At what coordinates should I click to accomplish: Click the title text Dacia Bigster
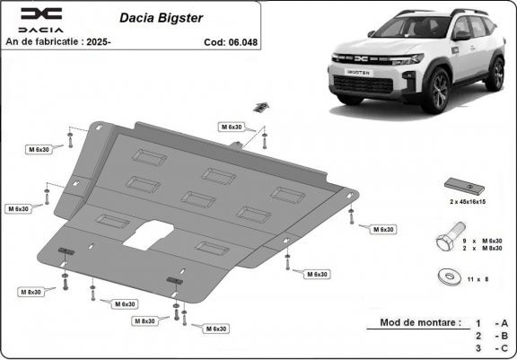(x=154, y=16)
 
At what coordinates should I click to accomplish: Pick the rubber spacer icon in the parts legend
(x=465, y=184)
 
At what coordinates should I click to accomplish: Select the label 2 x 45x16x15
(x=466, y=201)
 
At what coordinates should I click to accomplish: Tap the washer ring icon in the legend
(x=445, y=276)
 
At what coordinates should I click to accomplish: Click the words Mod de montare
(x=420, y=322)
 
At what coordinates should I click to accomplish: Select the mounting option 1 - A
(x=492, y=322)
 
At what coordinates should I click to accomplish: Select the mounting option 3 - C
(x=492, y=347)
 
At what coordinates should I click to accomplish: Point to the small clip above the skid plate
(x=259, y=108)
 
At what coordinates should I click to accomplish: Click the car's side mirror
(x=461, y=36)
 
